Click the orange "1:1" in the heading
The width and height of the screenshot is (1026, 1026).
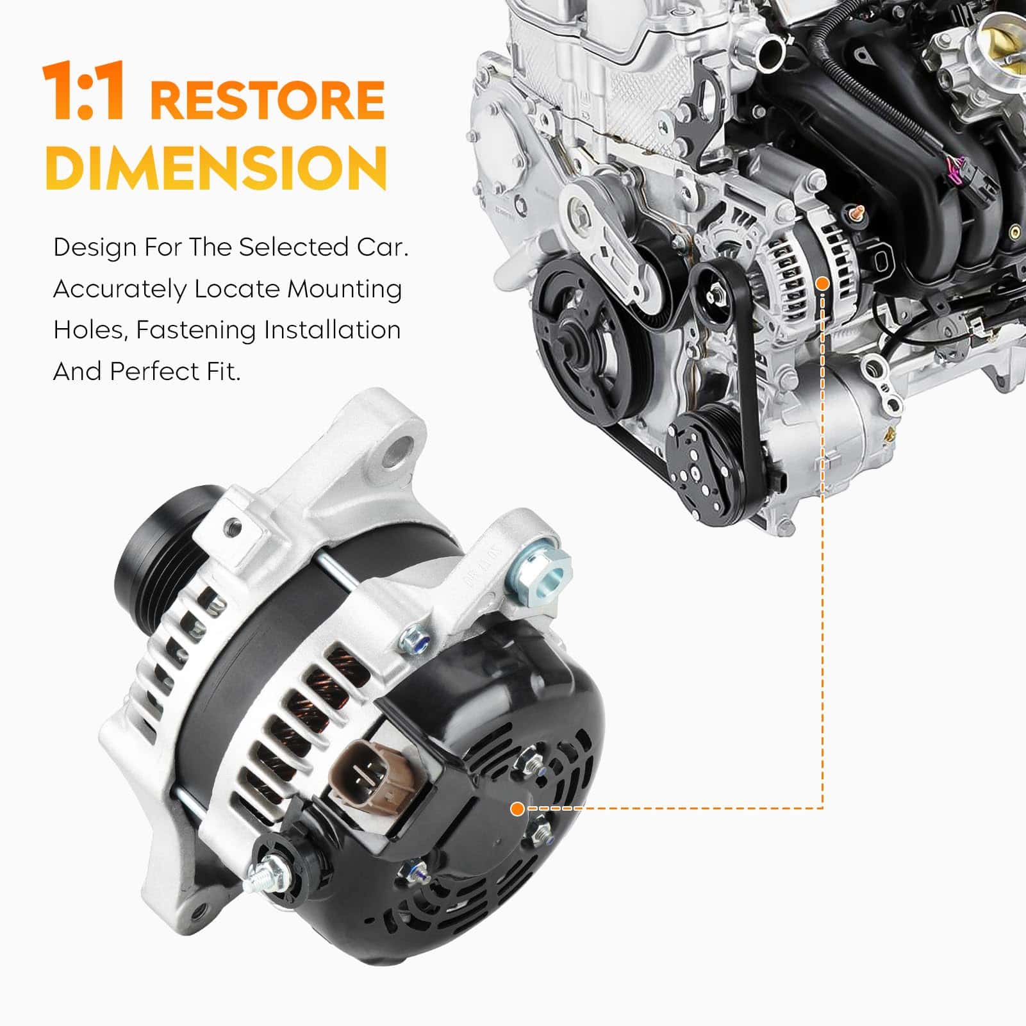click(x=83, y=92)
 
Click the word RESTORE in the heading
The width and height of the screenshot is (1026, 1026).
click(x=267, y=100)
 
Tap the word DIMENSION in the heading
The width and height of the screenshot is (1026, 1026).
click(x=216, y=167)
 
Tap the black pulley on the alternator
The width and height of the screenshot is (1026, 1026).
click(x=160, y=536)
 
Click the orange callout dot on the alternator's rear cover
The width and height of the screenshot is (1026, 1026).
click(x=517, y=809)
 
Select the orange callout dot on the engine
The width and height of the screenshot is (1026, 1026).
click(x=823, y=283)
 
